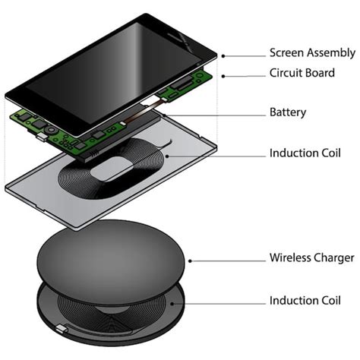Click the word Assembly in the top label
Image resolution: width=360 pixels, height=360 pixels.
point(332,53)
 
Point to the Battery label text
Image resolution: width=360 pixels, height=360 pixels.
point(288,112)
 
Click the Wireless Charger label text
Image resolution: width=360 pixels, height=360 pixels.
point(311,258)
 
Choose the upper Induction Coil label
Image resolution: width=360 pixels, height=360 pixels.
point(305,153)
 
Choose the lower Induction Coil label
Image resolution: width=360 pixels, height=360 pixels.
point(305,301)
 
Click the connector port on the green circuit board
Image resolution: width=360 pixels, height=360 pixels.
point(37,137)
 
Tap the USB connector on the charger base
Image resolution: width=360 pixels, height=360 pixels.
point(62,329)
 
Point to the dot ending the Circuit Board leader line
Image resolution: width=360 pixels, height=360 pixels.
point(221,75)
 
